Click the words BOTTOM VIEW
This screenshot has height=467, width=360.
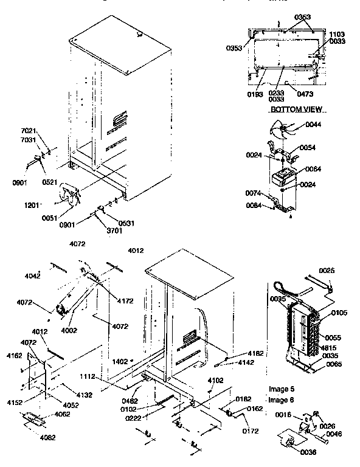296,109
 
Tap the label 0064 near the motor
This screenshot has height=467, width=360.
314,169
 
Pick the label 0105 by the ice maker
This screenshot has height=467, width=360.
339,314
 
